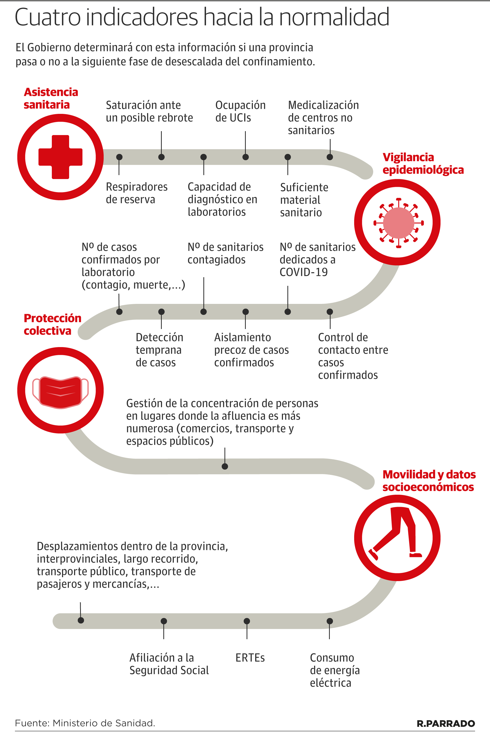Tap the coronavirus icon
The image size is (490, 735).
click(x=398, y=223)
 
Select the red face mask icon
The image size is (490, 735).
click(x=60, y=392)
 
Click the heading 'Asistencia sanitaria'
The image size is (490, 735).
click(x=51, y=98)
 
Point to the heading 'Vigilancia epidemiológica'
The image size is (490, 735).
click(x=423, y=163)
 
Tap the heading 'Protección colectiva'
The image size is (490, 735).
click(x=52, y=324)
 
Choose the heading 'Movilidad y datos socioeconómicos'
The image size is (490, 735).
click(x=429, y=481)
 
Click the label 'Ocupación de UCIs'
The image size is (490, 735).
click(x=240, y=111)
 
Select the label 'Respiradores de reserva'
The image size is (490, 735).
click(x=137, y=193)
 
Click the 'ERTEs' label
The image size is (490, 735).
click(x=250, y=658)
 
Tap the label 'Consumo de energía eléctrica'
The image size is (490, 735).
click(x=334, y=670)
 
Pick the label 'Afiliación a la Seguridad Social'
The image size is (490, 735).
click(x=169, y=664)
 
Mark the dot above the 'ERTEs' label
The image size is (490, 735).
click(x=247, y=621)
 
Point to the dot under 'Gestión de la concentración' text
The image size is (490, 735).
click(x=225, y=466)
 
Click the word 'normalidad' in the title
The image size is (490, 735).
click(x=334, y=17)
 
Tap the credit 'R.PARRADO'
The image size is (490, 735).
click(x=446, y=723)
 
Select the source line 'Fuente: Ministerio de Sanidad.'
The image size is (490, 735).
click(x=85, y=723)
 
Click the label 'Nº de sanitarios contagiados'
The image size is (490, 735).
click(x=225, y=253)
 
